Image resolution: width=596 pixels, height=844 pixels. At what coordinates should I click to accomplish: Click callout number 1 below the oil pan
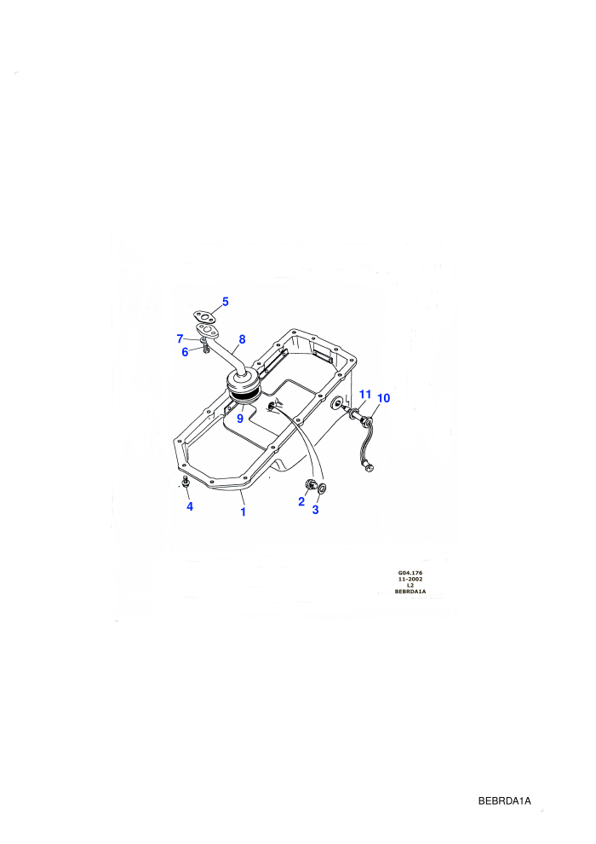pos(243,512)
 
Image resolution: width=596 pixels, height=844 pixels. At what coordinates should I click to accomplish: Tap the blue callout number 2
pos(301,501)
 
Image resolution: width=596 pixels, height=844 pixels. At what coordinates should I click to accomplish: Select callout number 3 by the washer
pos(316,510)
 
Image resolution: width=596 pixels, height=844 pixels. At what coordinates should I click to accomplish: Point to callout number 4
pos(190,506)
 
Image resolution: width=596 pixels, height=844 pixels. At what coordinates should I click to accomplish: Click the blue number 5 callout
pos(225,302)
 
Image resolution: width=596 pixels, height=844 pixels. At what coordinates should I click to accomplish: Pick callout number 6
pos(185,353)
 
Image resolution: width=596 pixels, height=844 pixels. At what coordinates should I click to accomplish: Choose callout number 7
pos(180,338)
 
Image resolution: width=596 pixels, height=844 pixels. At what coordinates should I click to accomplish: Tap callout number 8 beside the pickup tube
pos(243,339)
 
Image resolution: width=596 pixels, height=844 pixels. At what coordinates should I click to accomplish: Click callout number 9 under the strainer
pos(240,419)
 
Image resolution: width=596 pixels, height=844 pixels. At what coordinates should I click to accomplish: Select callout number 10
pos(384,398)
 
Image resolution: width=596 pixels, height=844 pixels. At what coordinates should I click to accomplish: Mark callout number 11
pos(365,395)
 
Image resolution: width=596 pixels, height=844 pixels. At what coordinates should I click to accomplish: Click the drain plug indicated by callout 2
pos(310,484)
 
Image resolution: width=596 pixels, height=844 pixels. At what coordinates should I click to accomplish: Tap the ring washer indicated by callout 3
pos(322,488)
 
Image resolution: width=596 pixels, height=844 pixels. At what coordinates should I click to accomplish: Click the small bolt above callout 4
pos(186,481)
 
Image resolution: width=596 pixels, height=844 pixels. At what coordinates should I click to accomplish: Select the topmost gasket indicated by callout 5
pos(204,316)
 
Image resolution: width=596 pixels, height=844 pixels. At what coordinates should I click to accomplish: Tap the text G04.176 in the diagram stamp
pos(410,573)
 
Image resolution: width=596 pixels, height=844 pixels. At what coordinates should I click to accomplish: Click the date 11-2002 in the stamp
pos(410,579)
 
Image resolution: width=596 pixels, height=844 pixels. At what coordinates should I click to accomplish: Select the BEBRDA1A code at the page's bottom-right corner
pos(505,801)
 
